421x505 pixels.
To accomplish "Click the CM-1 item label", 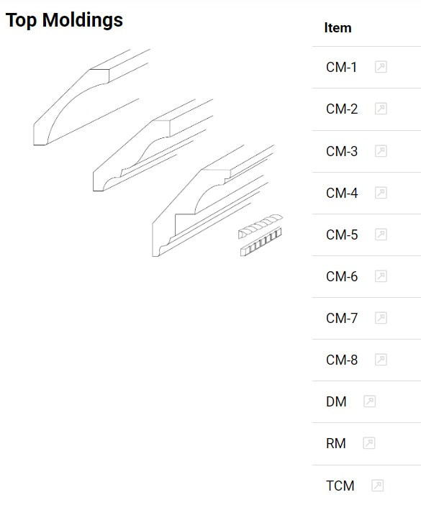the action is [341, 68].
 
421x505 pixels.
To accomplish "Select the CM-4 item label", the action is [341, 193].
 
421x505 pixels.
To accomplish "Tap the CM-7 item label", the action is [341, 318].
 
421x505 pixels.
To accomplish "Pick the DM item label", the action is [336, 401].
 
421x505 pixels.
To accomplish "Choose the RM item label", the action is [335, 443].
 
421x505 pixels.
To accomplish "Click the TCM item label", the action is [340, 486].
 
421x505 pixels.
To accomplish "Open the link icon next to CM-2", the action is [381, 109].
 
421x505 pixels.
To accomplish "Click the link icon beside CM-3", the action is [381, 151].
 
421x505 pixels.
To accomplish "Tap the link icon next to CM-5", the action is [381, 235].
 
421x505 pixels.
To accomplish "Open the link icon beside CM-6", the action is [381, 276].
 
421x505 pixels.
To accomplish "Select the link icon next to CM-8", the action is [381, 360].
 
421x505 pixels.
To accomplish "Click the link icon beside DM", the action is [369, 401].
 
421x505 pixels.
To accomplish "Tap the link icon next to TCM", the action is [377, 486].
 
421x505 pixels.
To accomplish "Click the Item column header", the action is [338, 28].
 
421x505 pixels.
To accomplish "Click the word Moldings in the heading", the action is [83, 21].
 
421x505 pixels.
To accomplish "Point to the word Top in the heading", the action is [21, 21].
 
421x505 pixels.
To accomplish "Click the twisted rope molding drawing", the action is [261, 226].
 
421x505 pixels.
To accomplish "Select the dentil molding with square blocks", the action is [261, 242].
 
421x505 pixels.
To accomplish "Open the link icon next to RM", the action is [368, 443].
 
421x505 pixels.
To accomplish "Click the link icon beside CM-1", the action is [381, 67].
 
